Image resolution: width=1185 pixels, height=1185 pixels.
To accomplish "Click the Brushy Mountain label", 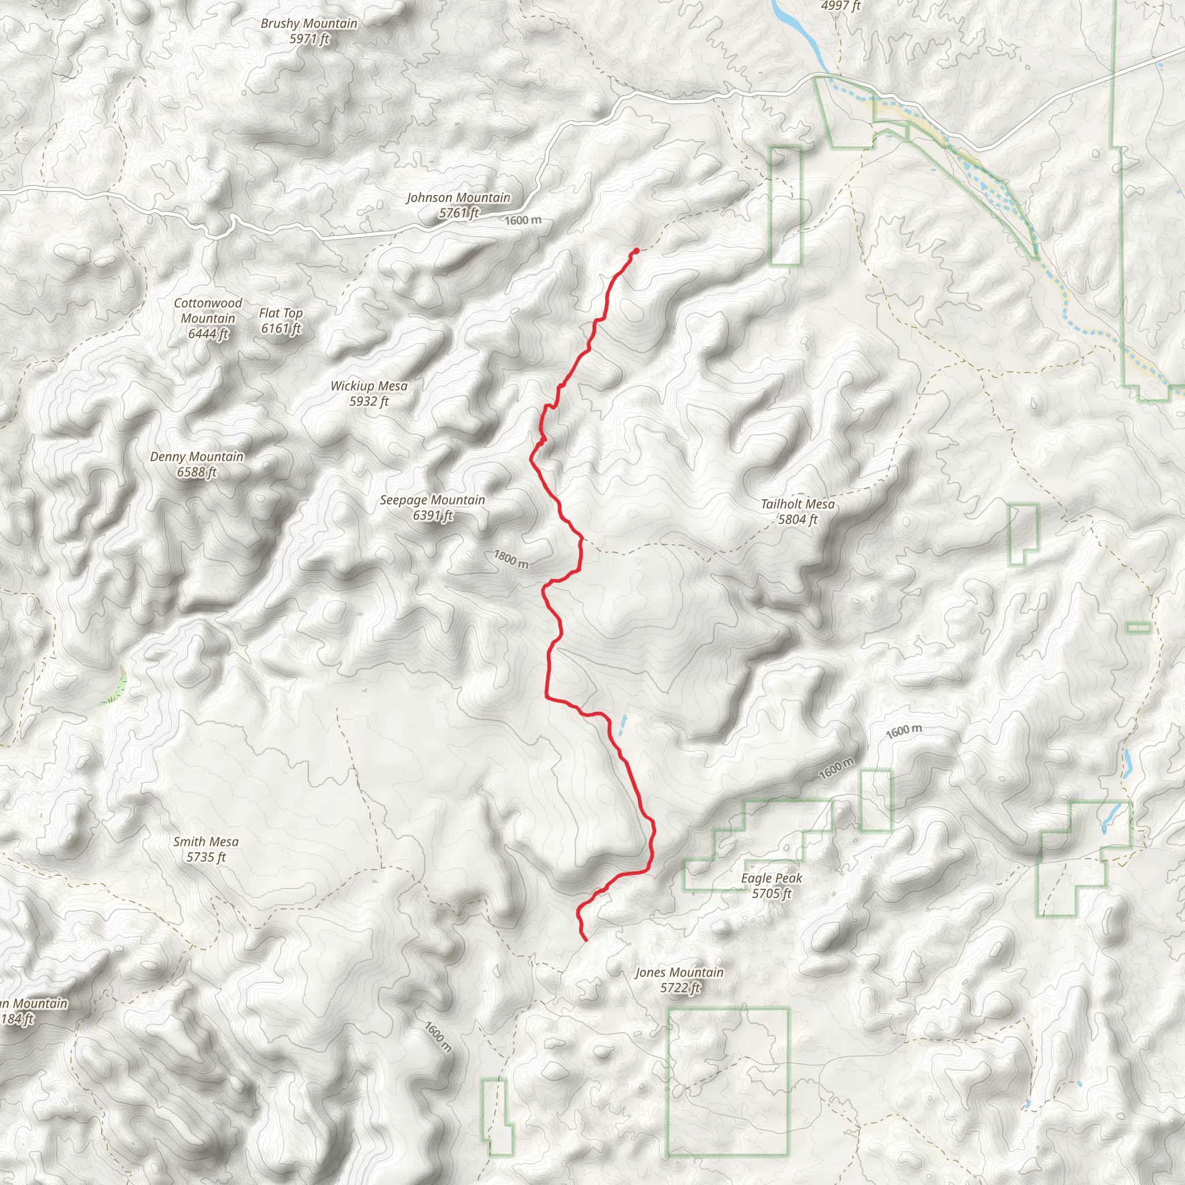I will click(x=308, y=24).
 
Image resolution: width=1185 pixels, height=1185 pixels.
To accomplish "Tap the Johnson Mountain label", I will click(x=458, y=197).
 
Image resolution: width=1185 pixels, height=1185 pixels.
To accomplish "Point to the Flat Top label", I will click(x=280, y=313).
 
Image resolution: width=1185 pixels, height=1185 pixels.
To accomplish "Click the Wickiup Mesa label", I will click(x=369, y=386).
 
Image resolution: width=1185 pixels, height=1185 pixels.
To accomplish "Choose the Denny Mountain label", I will click(x=196, y=457).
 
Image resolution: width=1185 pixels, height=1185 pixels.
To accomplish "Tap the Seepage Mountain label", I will click(x=432, y=500).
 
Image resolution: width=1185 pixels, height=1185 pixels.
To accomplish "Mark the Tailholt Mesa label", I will click(x=797, y=503).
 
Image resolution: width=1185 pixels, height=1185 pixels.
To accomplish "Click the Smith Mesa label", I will click(x=205, y=841).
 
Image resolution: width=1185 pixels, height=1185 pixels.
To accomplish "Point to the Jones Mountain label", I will click(x=679, y=972).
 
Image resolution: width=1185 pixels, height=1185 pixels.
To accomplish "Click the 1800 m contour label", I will click(x=511, y=559).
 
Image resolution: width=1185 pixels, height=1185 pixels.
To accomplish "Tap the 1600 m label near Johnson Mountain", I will click(x=523, y=220).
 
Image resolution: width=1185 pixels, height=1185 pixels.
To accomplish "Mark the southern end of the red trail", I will click(x=586, y=940).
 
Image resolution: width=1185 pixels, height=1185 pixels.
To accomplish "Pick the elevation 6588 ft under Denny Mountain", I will click(x=196, y=472).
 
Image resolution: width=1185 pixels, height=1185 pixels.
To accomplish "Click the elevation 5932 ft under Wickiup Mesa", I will click(x=369, y=402).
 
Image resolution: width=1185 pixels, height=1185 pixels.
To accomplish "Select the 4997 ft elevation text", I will click(x=840, y=6).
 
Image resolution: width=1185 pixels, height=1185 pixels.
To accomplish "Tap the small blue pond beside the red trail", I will click(x=624, y=726).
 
